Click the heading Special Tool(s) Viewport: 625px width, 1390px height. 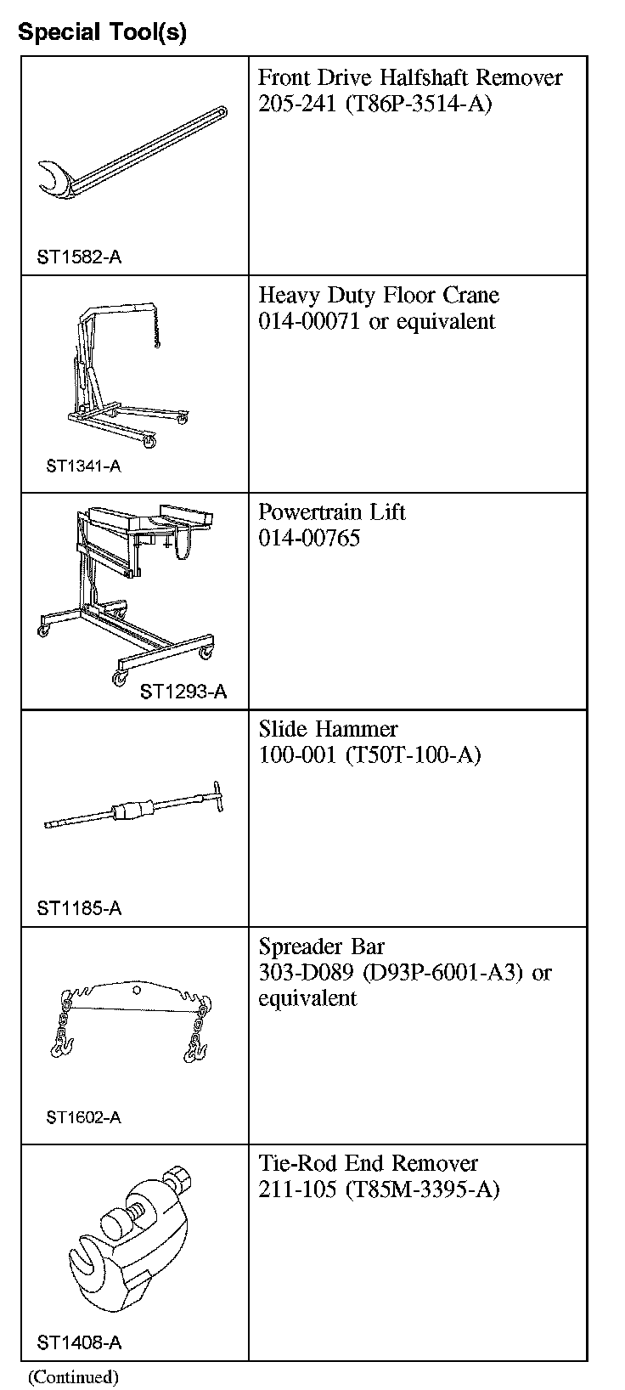tap(102, 32)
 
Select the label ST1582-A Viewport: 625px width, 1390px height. tap(79, 257)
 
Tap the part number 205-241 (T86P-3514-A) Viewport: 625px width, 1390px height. tap(374, 104)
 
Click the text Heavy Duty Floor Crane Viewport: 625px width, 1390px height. tap(379, 295)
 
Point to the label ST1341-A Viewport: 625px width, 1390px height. tap(83, 466)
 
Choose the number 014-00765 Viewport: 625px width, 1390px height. tap(309, 538)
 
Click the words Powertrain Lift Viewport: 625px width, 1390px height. tap(332, 512)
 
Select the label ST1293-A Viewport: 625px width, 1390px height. tap(183, 692)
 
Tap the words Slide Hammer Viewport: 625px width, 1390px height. tap(328, 729)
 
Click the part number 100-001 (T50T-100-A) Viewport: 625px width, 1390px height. tap(369, 754)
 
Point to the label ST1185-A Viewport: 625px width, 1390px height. tap(79, 908)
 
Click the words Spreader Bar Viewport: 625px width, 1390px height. tap(321, 946)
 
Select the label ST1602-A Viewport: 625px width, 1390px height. tap(83, 1117)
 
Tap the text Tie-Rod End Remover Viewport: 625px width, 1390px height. tap(368, 1163)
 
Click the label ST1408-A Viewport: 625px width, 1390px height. tap(79, 1343)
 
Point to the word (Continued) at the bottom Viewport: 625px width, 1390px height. tap(74, 1376)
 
